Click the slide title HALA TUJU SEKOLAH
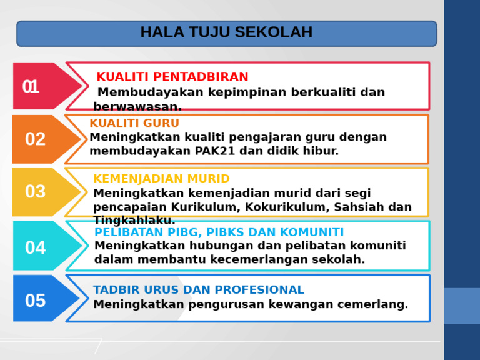[x=226, y=32]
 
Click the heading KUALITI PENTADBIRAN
[x=172, y=77]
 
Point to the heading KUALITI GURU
[x=134, y=124]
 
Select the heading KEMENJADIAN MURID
[x=161, y=179]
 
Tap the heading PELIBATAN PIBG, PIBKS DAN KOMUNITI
[x=219, y=232]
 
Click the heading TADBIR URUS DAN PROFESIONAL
[x=198, y=290]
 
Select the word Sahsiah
[x=360, y=207]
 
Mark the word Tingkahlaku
[x=134, y=221]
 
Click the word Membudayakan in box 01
[x=142, y=92]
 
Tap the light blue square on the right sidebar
[x=462, y=306]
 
